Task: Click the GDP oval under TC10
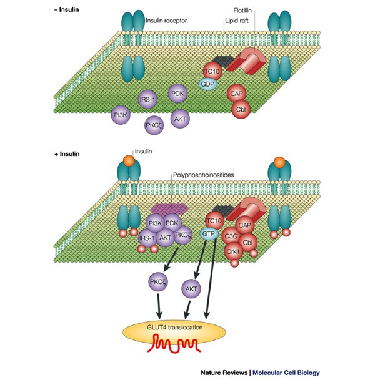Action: pyautogui.click(x=208, y=83)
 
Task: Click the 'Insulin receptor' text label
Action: pyautogui.click(x=171, y=19)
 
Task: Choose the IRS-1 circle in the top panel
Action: pyautogui.click(x=148, y=100)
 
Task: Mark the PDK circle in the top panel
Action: pyautogui.click(x=177, y=94)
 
